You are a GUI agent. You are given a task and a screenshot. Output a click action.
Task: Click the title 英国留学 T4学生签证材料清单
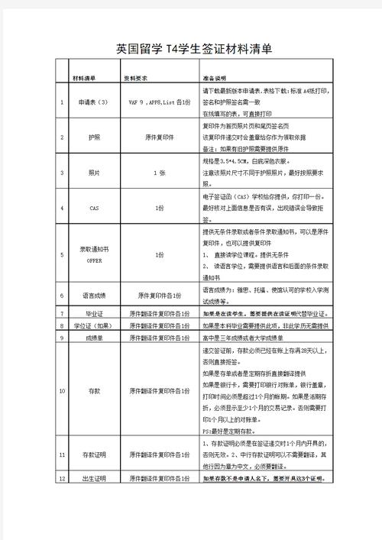click(x=194, y=50)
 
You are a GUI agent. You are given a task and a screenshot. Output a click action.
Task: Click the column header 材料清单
click(x=84, y=78)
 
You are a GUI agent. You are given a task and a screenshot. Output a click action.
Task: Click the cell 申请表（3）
click(x=94, y=101)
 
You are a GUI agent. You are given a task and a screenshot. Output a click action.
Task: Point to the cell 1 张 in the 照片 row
click(x=159, y=173)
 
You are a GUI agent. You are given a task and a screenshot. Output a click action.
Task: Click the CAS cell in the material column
click(x=94, y=208)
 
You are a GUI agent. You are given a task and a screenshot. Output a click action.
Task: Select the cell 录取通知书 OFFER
click(x=94, y=254)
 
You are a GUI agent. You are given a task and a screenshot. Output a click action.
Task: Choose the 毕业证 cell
click(x=94, y=313)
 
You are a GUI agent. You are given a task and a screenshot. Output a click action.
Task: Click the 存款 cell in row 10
click(x=94, y=390)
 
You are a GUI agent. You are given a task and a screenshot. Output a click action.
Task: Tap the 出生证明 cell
click(x=94, y=478)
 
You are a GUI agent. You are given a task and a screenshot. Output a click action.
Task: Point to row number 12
click(x=62, y=478)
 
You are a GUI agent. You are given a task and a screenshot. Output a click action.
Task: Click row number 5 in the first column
click(x=62, y=254)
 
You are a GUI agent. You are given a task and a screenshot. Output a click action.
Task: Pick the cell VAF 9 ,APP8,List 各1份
click(x=159, y=101)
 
